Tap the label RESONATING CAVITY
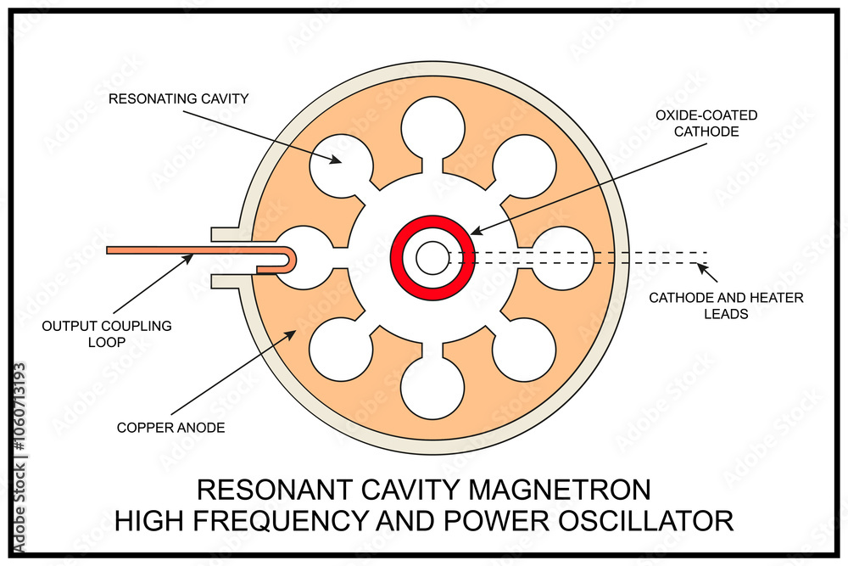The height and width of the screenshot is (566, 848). pyautogui.click(x=179, y=99)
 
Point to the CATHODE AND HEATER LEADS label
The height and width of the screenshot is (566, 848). pyautogui.click(x=726, y=305)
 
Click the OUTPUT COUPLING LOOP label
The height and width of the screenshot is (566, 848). pyautogui.click(x=108, y=333)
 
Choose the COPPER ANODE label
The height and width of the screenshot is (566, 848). pyautogui.click(x=171, y=428)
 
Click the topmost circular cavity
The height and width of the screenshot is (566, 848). pyautogui.click(x=433, y=128)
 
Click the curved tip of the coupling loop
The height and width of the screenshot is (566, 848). pyautogui.click(x=292, y=258)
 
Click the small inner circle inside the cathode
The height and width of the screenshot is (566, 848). pyautogui.click(x=432, y=258)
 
